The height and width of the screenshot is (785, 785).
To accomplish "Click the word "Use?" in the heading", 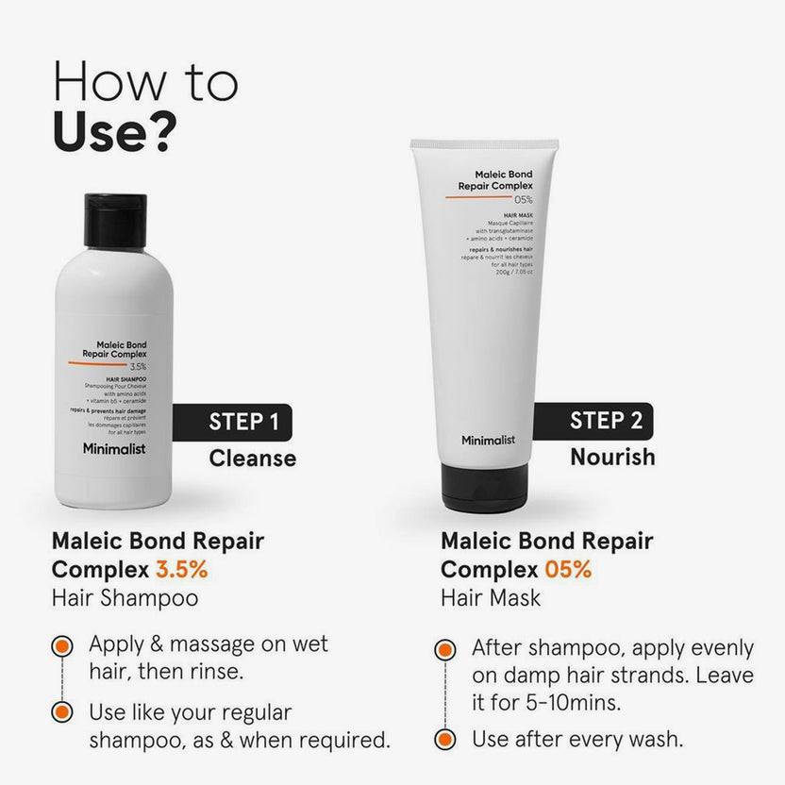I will click(x=114, y=131).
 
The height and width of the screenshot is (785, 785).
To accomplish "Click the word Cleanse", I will click(x=252, y=459).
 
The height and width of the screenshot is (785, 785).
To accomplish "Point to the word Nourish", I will click(x=611, y=457).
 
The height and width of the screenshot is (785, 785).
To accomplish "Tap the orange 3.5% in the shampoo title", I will click(x=181, y=570).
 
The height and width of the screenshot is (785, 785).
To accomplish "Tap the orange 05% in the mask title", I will click(x=566, y=570).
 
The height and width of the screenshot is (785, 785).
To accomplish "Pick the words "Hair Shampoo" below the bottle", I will click(x=125, y=598).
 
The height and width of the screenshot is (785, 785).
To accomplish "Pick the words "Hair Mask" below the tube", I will click(x=491, y=598).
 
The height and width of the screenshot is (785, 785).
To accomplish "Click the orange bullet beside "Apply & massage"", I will click(x=62, y=646).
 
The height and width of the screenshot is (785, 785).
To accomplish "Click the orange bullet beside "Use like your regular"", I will click(x=62, y=712).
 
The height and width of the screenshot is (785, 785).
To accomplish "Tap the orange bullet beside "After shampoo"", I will click(x=444, y=650).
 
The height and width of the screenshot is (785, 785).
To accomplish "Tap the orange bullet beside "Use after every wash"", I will click(x=444, y=739).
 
